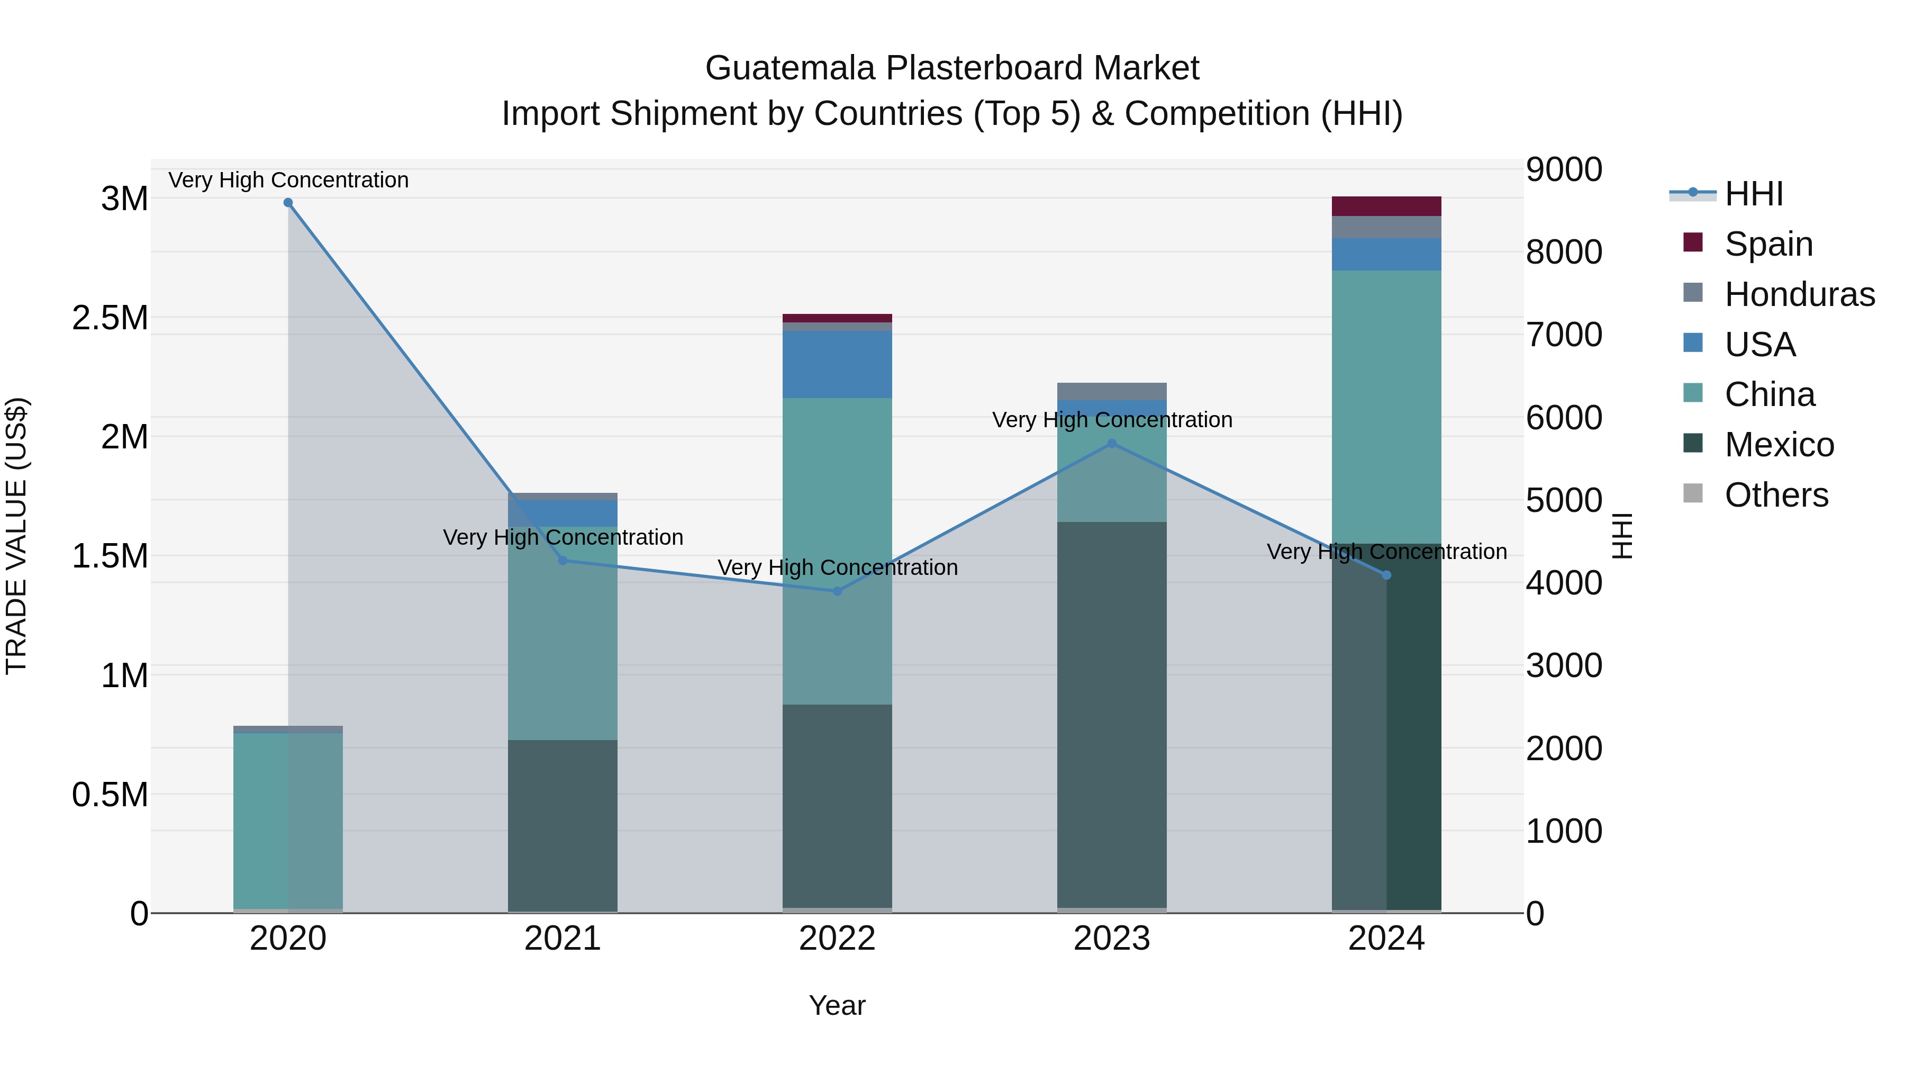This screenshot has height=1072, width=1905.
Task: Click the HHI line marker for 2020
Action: tap(288, 203)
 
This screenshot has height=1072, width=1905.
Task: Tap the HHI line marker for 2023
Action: tap(1111, 443)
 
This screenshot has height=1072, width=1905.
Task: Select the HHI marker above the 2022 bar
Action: tap(837, 591)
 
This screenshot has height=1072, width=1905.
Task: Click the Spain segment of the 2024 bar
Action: tap(1386, 206)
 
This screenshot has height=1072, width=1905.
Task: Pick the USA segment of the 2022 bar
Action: tap(837, 364)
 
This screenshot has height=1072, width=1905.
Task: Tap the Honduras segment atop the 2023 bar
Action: tap(1111, 391)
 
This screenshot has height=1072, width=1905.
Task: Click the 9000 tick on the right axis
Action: tap(1564, 169)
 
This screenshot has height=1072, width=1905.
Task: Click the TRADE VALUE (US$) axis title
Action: tap(16, 536)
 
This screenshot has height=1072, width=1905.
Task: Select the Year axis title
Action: tap(837, 1005)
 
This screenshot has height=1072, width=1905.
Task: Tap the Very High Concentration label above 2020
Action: tap(288, 180)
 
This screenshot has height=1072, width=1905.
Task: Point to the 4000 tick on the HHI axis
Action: tap(1564, 583)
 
